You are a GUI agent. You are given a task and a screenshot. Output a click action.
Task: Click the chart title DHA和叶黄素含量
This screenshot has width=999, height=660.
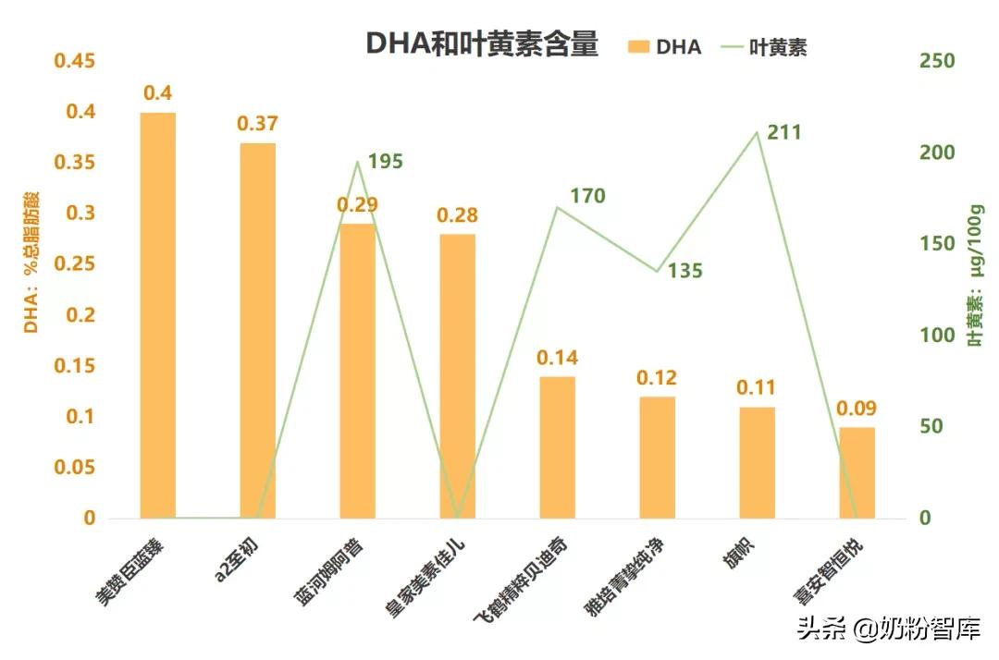click(482, 43)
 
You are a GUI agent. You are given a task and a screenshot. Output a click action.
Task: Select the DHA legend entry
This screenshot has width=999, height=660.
click(665, 47)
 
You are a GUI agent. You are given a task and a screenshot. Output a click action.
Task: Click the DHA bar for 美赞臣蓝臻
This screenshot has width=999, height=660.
click(158, 315)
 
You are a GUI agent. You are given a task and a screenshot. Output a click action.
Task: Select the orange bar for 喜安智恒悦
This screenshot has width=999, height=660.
click(857, 472)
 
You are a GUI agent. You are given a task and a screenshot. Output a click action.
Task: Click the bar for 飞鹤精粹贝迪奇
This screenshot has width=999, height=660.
click(557, 447)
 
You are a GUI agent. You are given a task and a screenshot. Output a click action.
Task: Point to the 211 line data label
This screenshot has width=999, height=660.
click(784, 133)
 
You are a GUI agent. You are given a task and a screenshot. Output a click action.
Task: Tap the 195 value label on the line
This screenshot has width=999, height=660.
click(385, 162)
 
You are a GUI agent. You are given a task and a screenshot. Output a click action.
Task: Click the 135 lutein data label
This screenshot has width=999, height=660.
click(684, 271)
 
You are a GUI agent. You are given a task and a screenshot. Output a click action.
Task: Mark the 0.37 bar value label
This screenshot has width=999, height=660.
click(257, 124)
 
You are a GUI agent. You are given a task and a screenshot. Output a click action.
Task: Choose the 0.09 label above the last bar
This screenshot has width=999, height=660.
click(857, 409)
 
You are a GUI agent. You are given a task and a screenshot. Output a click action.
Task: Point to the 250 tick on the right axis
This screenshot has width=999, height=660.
click(936, 61)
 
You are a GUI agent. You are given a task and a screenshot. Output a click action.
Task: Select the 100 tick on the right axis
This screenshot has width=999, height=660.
click(936, 336)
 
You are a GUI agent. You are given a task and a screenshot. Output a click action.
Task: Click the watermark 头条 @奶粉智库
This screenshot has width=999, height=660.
click(888, 629)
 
